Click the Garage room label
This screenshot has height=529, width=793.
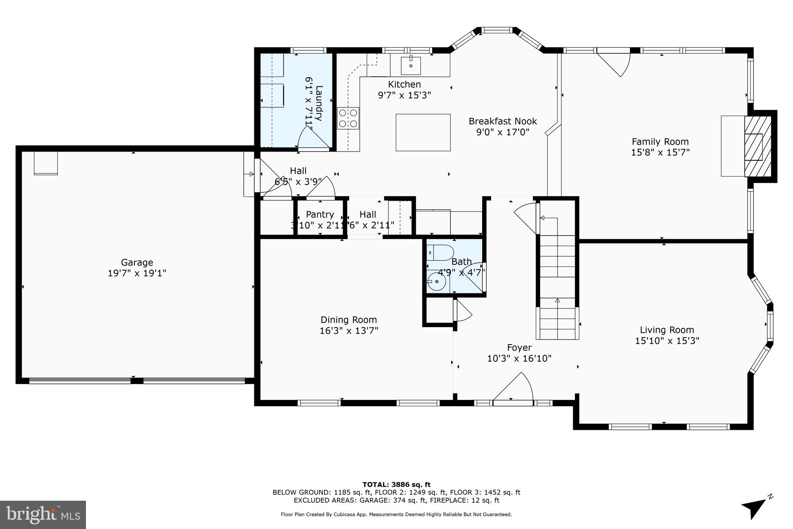(137, 262)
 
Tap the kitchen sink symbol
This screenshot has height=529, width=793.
(410, 65)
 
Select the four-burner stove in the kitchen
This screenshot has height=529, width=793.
(348, 118)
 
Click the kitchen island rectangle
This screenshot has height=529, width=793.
(423, 132)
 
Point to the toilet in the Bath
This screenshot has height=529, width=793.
(440, 253)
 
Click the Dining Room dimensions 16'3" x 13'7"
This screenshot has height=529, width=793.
(348, 331)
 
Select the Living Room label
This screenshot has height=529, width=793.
(667, 330)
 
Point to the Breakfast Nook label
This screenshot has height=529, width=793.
(503, 121)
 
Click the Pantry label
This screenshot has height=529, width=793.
(320, 214)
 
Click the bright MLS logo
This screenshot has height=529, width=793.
(43, 515)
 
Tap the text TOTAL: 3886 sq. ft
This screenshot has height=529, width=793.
(396, 484)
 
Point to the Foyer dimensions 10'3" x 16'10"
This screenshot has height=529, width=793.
(519, 358)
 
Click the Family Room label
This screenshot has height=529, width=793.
(660, 141)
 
